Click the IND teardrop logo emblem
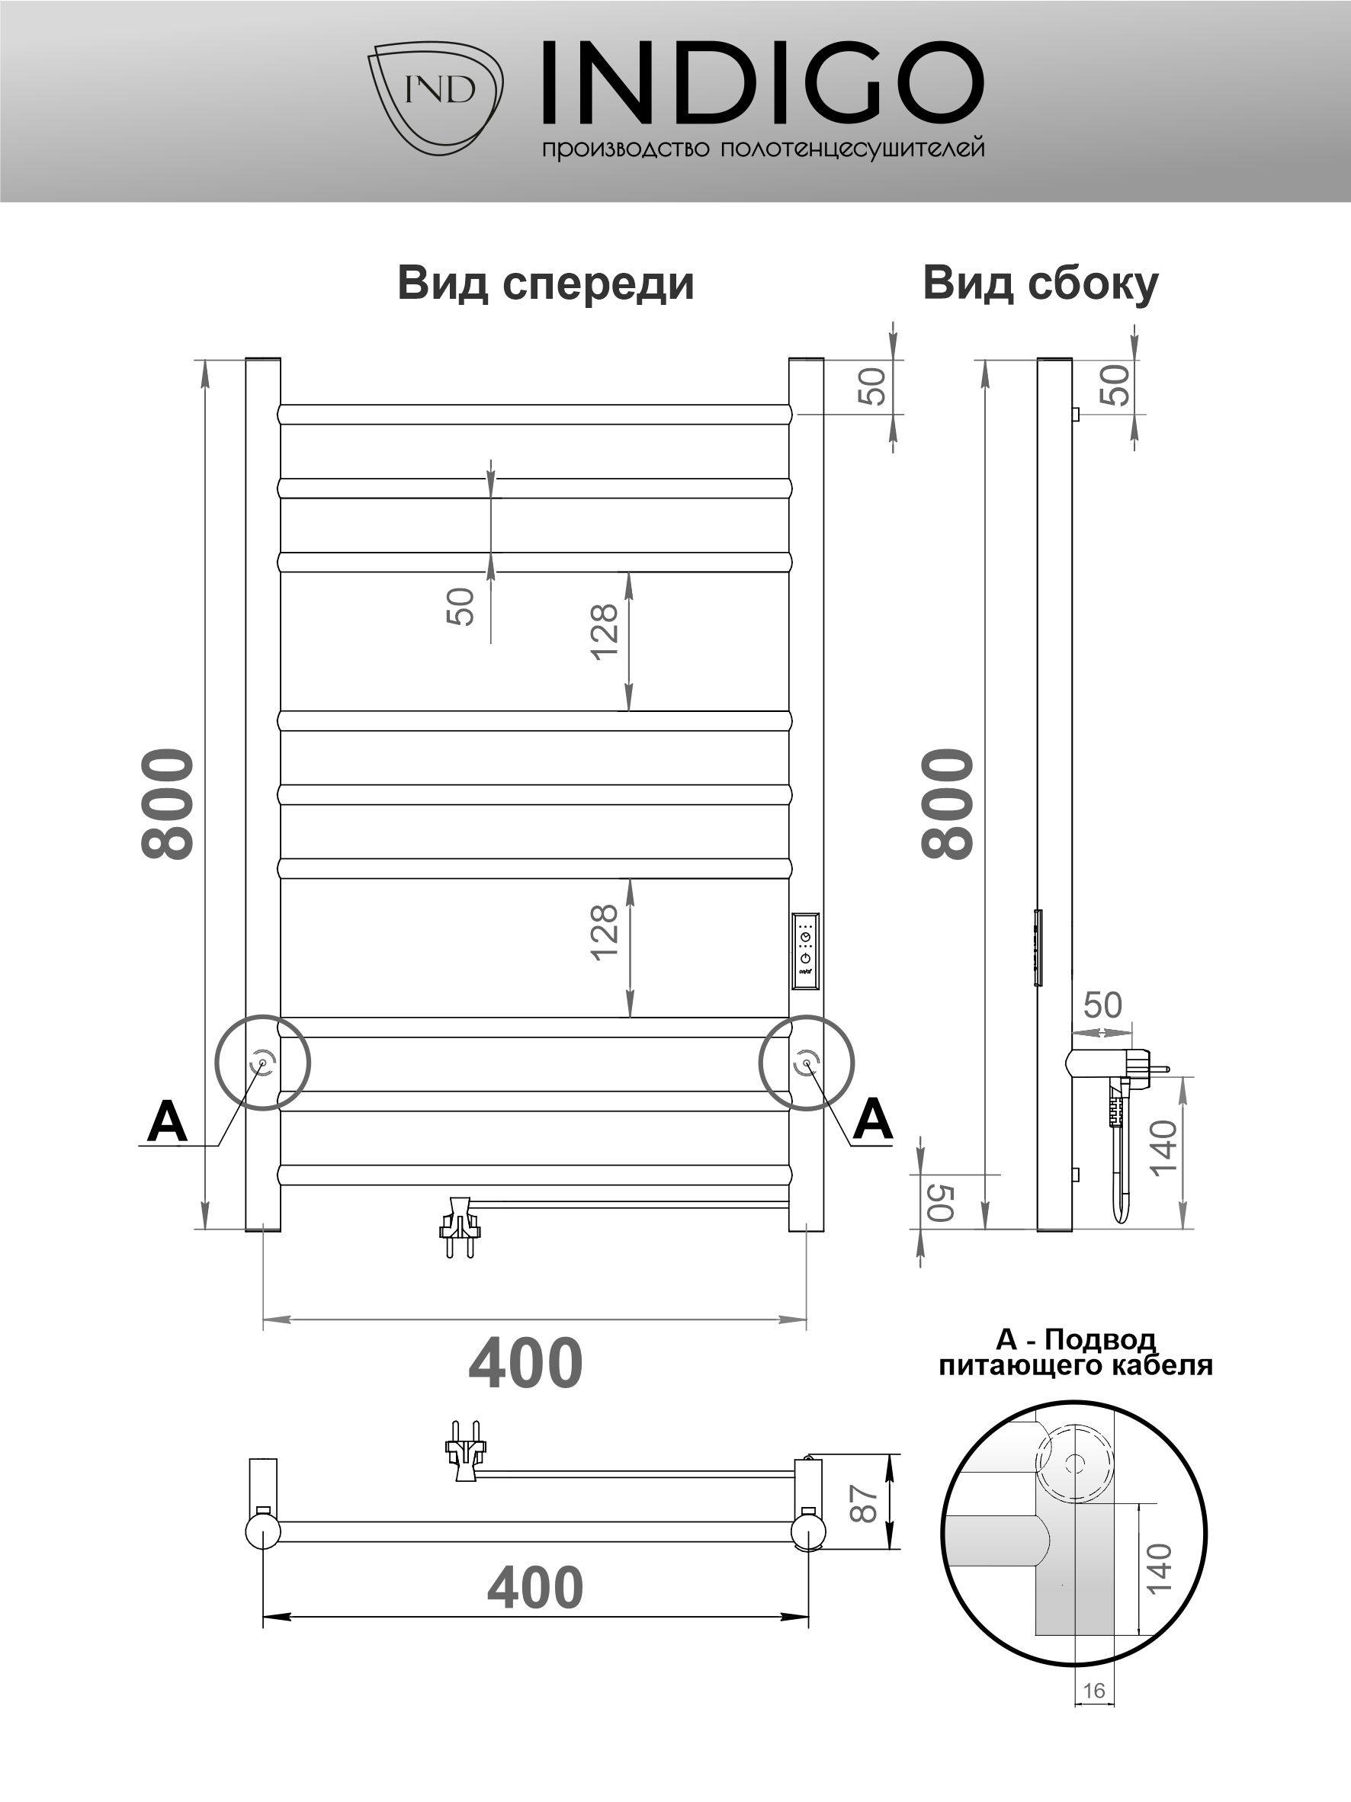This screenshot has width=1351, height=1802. click(x=435, y=96)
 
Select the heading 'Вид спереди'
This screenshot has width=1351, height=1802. click(x=545, y=284)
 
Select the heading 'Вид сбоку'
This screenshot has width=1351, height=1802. click(x=1040, y=284)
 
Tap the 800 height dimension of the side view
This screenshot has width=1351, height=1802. click(x=948, y=803)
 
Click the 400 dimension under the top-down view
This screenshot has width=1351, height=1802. click(x=534, y=1588)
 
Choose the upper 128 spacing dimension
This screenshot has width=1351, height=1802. click(x=605, y=632)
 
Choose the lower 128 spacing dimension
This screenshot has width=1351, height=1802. click(x=605, y=933)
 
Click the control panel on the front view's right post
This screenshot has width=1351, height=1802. click(x=806, y=951)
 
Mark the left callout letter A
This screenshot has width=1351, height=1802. click(x=167, y=1122)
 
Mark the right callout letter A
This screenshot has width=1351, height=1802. click(x=872, y=1118)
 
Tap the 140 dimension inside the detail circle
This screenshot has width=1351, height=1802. click(x=1158, y=1568)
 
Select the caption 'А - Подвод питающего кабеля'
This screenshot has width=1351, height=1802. click(x=1076, y=1353)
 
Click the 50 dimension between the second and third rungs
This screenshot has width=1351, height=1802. click(x=460, y=606)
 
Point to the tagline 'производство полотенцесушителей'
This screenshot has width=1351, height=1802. click(x=762, y=149)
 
